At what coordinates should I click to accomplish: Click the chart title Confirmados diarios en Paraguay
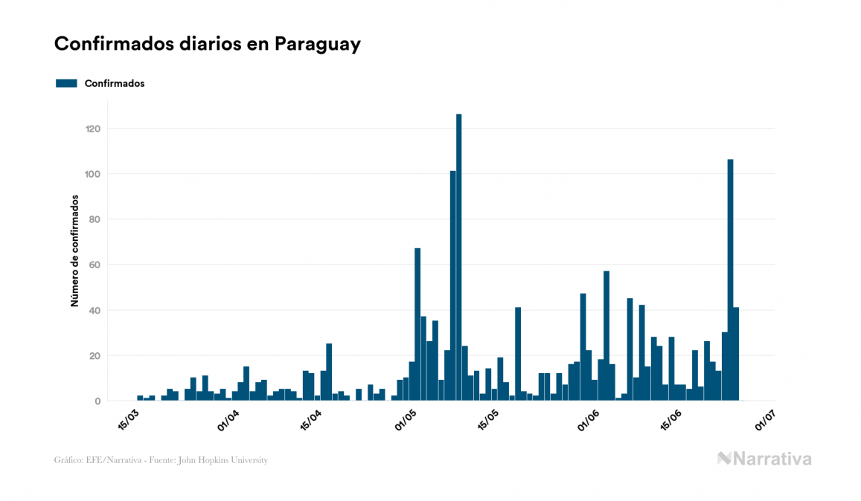coord(207,44)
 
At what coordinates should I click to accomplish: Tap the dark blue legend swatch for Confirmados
coord(66,83)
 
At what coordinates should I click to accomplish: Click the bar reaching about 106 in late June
coord(730,279)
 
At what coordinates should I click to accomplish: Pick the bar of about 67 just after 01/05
coord(417,324)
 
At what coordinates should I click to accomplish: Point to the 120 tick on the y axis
coord(92,129)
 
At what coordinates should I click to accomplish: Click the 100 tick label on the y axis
coord(92,174)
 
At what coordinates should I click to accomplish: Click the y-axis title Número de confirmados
coord(74,251)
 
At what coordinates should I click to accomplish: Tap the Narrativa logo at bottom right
coord(764,459)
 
